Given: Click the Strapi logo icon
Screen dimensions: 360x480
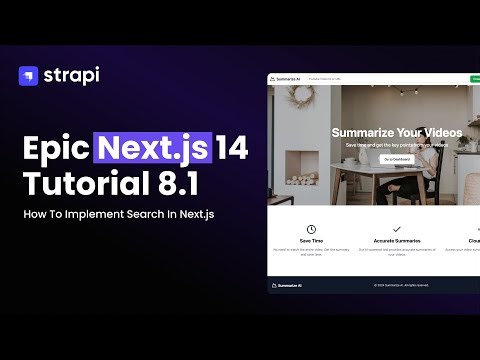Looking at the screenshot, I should [x=28, y=76].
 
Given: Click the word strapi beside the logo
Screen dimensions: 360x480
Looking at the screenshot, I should [x=72, y=75].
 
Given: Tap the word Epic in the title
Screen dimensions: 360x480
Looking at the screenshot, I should [x=55, y=150].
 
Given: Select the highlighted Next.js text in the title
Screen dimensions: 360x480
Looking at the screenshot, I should [x=153, y=150].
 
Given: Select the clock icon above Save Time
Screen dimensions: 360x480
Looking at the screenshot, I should [x=311, y=230].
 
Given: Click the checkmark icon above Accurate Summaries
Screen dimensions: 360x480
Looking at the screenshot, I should [x=397, y=230].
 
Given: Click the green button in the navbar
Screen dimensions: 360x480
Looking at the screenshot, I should [x=474, y=78].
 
